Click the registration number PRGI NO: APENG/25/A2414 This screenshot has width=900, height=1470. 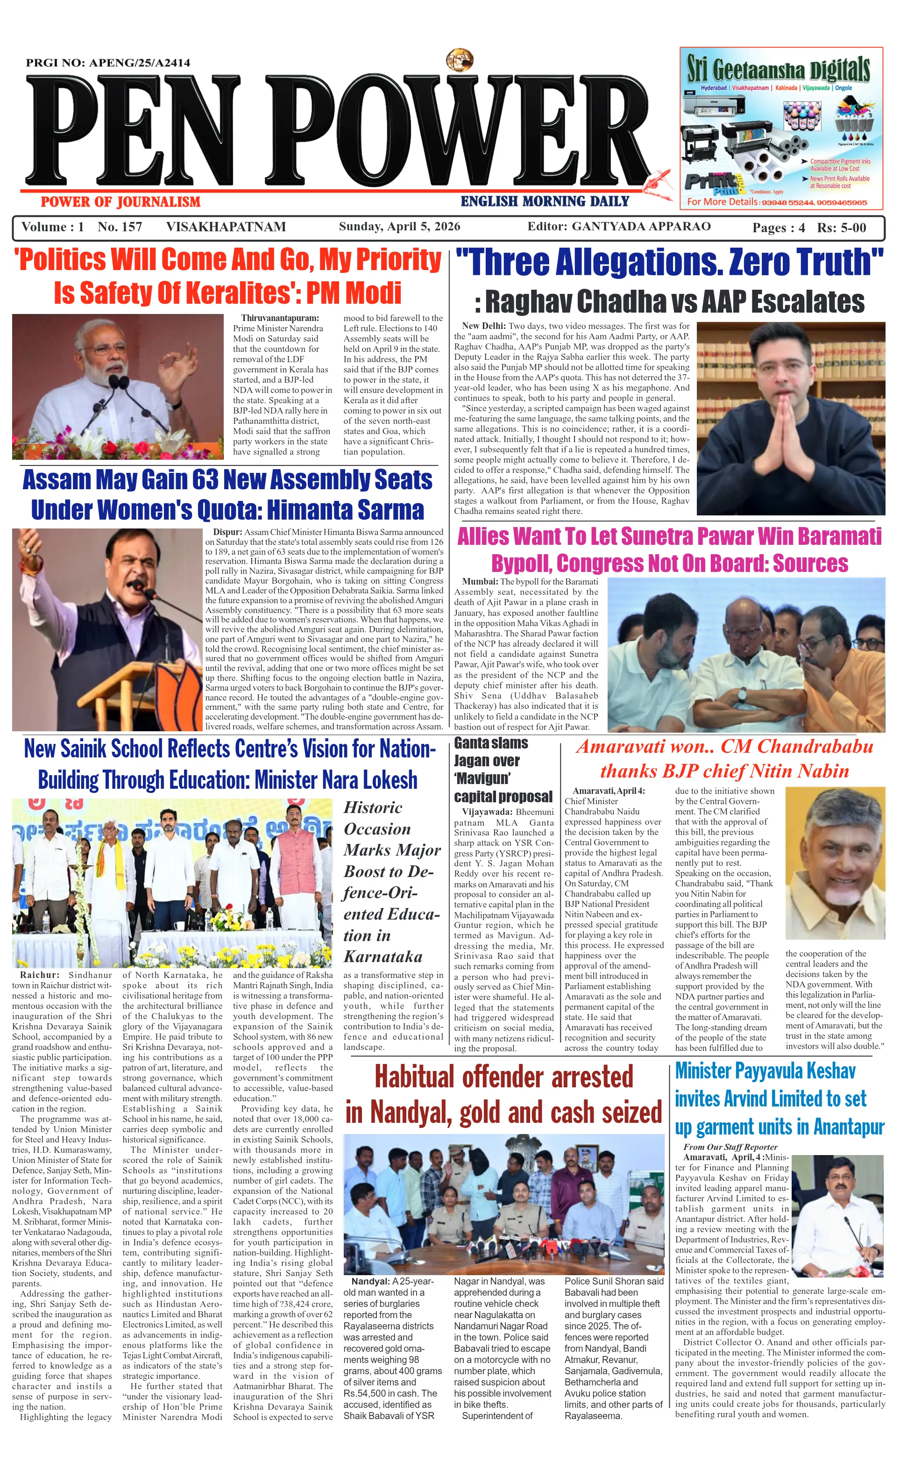[x=108, y=63]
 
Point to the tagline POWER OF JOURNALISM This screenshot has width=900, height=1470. [x=120, y=202]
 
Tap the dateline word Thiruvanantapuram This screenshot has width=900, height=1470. [x=280, y=318]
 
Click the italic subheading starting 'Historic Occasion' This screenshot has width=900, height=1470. [x=391, y=881]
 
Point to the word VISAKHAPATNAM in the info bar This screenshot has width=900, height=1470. [x=226, y=227]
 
